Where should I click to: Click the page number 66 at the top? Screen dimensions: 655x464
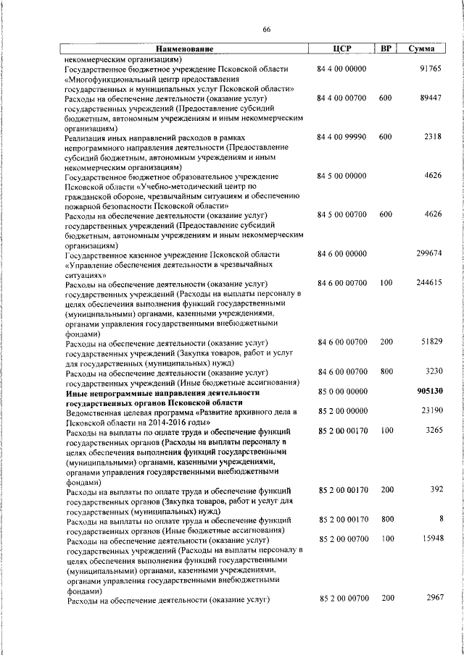pos(266,29)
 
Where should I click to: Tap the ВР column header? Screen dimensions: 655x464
pos(386,49)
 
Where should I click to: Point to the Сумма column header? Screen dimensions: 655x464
pos(422,49)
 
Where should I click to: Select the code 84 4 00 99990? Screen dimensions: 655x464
pos(341,137)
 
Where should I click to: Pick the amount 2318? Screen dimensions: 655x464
pos(433,137)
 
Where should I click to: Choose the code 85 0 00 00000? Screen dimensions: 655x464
pos(341,392)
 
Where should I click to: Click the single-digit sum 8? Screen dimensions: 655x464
pos(440,519)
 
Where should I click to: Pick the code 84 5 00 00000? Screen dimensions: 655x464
pos(341,176)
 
